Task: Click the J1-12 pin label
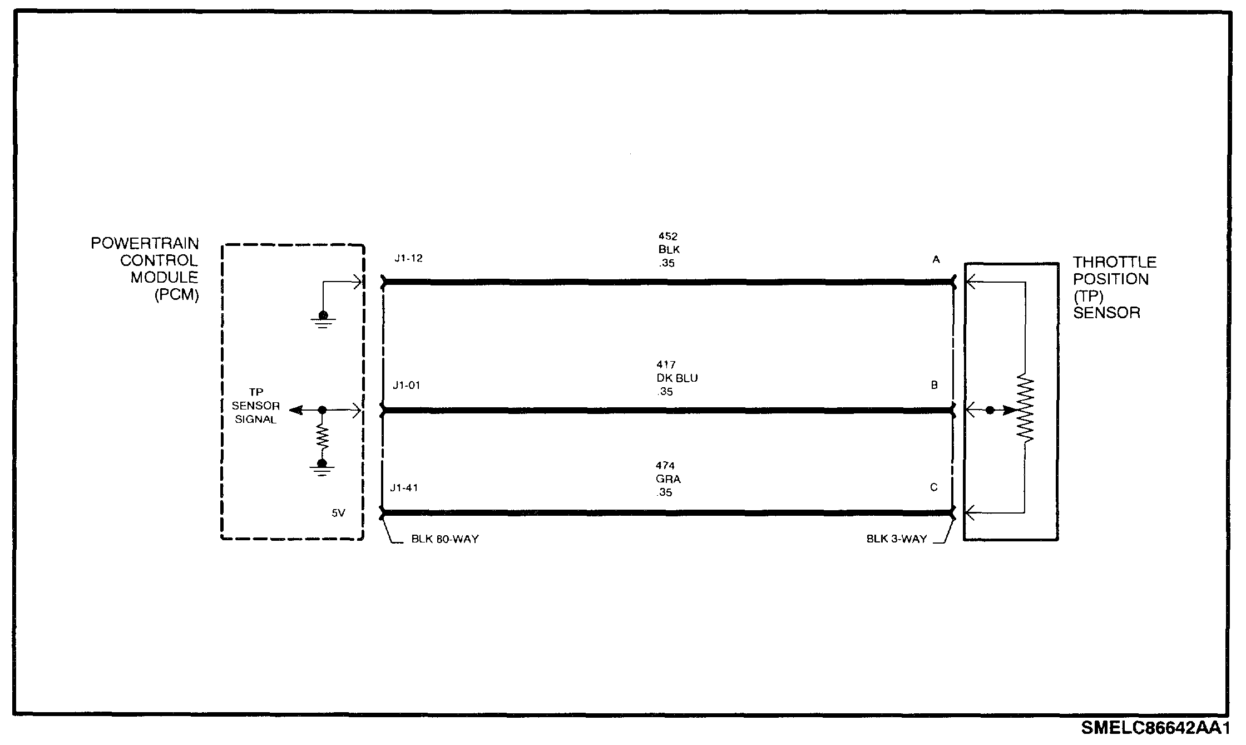(408, 259)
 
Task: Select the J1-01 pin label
(406, 386)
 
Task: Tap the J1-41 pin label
(404, 488)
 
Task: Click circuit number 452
(667, 236)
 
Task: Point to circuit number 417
(666, 365)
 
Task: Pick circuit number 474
(665, 466)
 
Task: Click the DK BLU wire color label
(676, 378)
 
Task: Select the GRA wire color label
(668, 479)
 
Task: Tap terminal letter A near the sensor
(936, 260)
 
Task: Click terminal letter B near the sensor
(934, 385)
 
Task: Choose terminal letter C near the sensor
(934, 487)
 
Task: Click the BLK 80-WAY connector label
(444, 539)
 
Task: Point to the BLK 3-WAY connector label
(897, 539)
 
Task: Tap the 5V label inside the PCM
(338, 513)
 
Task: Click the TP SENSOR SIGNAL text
(256, 406)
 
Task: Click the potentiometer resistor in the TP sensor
(1025, 409)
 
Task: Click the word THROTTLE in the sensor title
(1114, 263)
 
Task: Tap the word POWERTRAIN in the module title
(145, 244)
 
